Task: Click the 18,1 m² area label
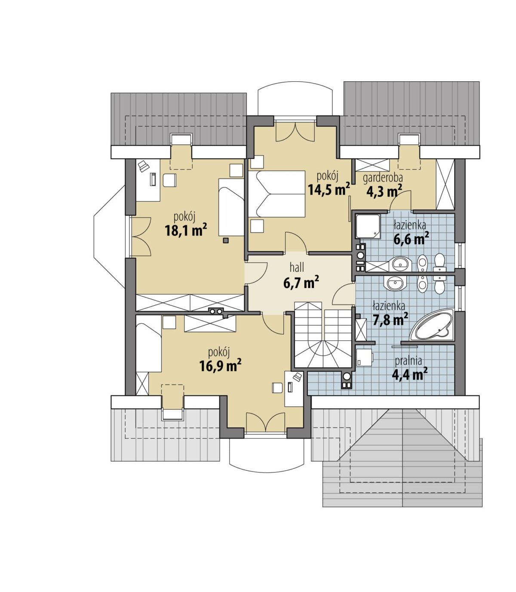click(185, 230)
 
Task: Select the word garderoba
click(383, 179)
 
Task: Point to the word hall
click(297, 267)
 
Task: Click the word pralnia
click(408, 361)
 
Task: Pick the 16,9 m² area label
click(220, 365)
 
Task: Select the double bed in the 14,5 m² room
click(276, 193)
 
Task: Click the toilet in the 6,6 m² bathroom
click(439, 262)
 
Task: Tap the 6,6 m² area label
click(411, 239)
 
